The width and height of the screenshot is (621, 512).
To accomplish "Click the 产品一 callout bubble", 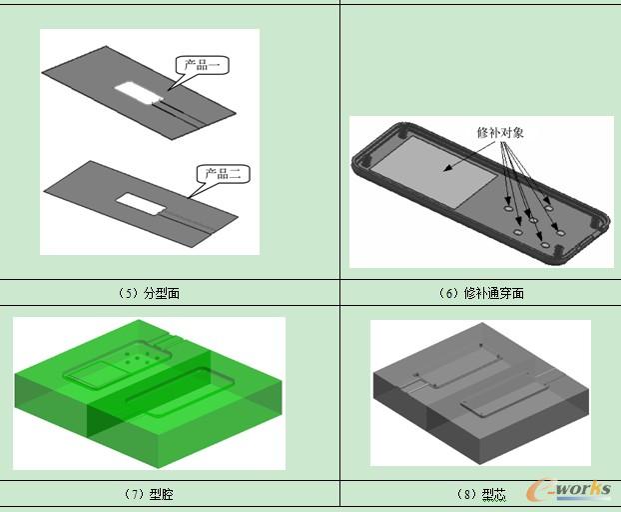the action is click(x=203, y=65).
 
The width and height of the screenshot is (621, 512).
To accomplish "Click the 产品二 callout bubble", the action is click(x=224, y=174).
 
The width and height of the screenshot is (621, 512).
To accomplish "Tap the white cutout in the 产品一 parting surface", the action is click(x=140, y=93).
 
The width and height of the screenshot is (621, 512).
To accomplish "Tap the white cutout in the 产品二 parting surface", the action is click(x=141, y=204).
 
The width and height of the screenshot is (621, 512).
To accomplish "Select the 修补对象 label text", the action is click(x=500, y=132).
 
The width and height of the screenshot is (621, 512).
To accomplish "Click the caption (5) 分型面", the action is click(x=149, y=293).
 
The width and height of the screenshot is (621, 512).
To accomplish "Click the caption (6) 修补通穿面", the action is click(x=481, y=293).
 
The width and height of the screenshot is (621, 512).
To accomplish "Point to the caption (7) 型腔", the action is click(x=149, y=494).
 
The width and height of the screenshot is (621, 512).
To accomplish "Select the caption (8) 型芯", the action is click(x=481, y=494).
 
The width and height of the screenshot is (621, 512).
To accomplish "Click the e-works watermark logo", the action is click(x=569, y=489).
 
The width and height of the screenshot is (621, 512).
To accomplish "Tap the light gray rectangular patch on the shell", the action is click(x=433, y=171).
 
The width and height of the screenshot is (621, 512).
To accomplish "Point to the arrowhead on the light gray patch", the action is click(x=447, y=168).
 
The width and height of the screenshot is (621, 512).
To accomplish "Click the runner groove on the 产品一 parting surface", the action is click(x=178, y=113).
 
